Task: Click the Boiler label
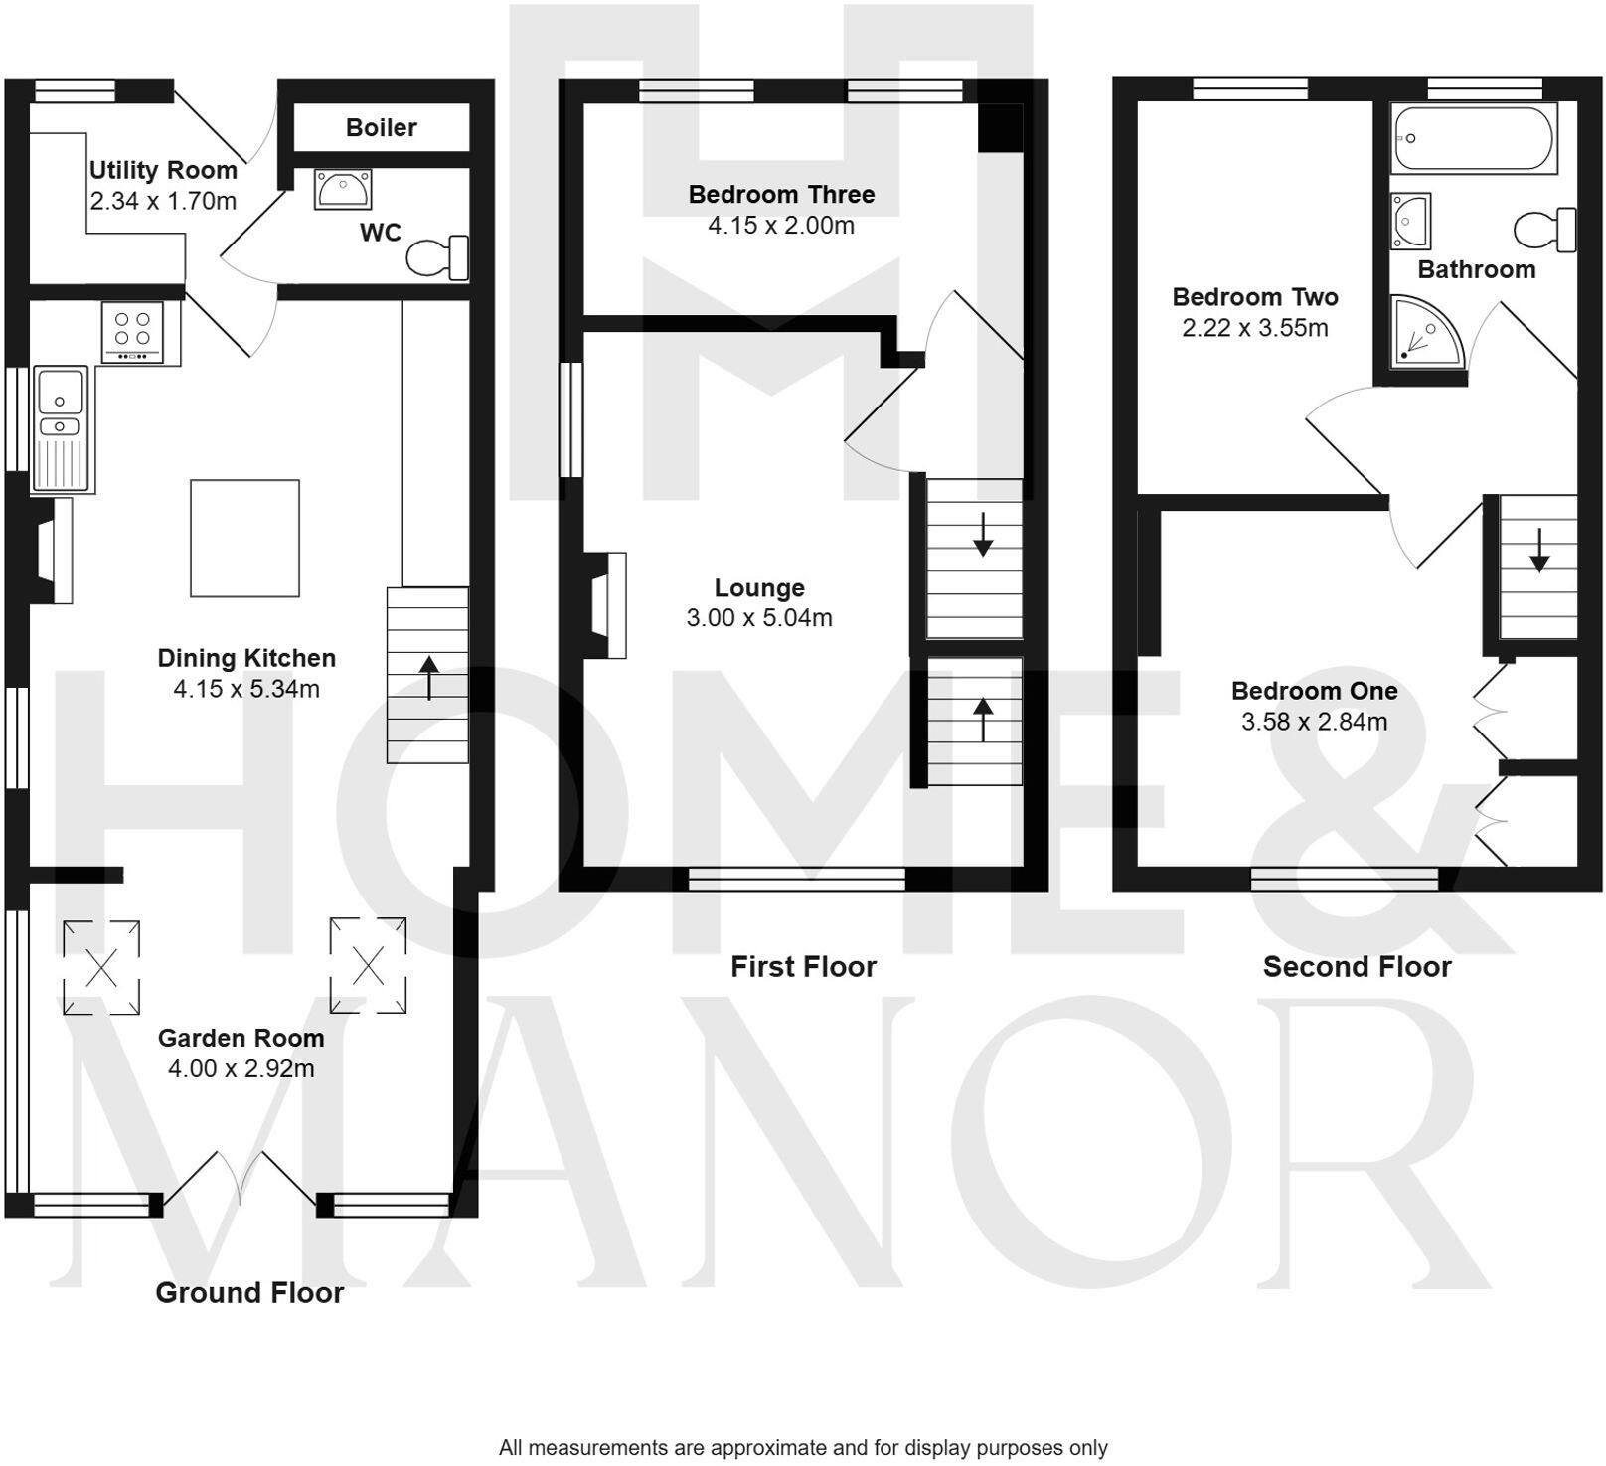pyautogui.click(x=381, y=127)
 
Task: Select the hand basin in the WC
pyautogui.click(x=343, y=188)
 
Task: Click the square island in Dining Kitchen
pyautogui.click(x=244, y=538)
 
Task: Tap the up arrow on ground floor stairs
pyautogui.click(x=428, y=678)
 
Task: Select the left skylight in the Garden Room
pyautogui.click(x=101, y=967)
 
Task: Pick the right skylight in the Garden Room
pyautogui.click(x=368, y=963)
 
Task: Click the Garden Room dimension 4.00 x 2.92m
pyautogui.click(x=241, y=1068)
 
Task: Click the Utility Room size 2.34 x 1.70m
pyautogui.click(x=163, y=201)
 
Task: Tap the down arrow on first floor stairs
pyautogui.click(x=982, y=534)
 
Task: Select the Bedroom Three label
pyautogui.click(x=781, y=194)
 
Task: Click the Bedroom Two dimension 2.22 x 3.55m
pyautogui.click(x=1254, y=328)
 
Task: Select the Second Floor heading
pyautogui.click(x=1357, y=966)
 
